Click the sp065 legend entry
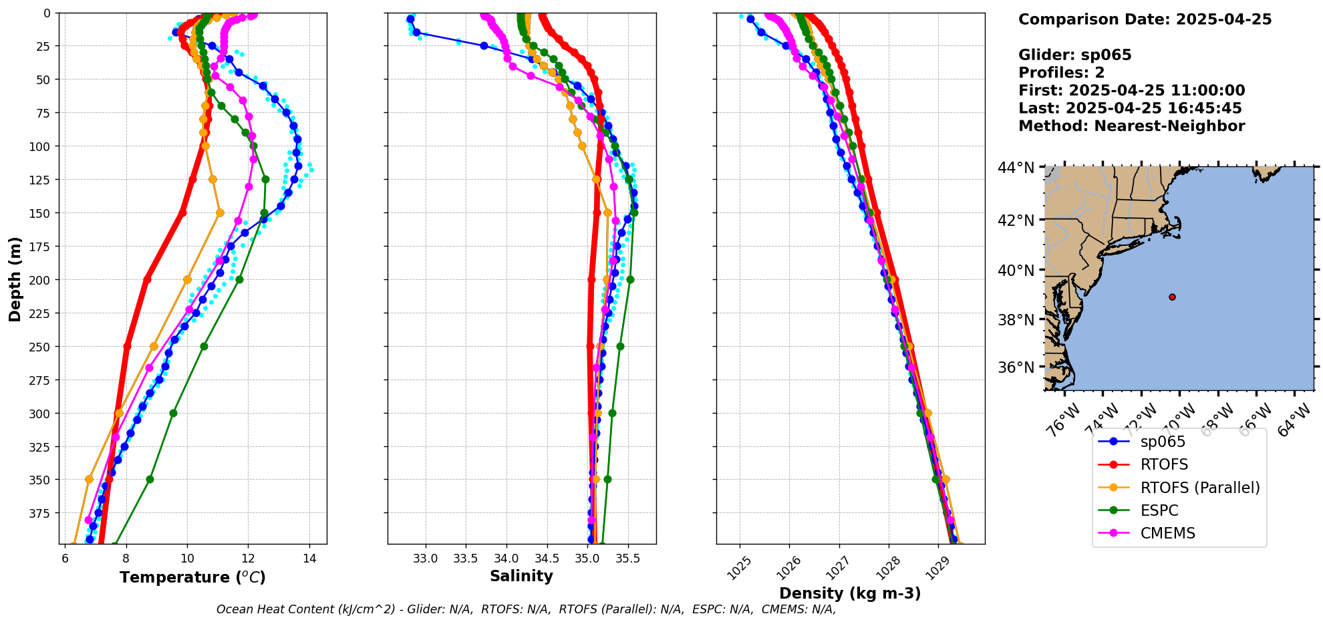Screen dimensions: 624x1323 coord(1163,442)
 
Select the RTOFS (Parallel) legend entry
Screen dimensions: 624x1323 coord(1200,488)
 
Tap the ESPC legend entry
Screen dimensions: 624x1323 coord(1159,510)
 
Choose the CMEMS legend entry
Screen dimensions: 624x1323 coord(1167,533)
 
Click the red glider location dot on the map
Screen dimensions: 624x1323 coord(1172,297)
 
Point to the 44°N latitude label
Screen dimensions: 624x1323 coord(1016,167)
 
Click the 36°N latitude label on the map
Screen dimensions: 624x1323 coord(1016,367)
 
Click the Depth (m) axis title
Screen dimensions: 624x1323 coord(15,279)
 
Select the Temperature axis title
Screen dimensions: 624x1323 coord(192,577)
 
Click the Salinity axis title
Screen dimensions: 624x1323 coord(521,576)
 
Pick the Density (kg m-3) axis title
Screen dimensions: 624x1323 coord(850,593)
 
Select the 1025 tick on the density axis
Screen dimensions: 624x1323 coord(738,568)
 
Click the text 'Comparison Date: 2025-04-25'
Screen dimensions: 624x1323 coord(1145,19)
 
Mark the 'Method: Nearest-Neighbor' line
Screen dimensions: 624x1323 coord(1131,126)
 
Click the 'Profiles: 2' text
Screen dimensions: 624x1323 coord(1061,73)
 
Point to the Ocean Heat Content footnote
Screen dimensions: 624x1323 coord(526,609)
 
